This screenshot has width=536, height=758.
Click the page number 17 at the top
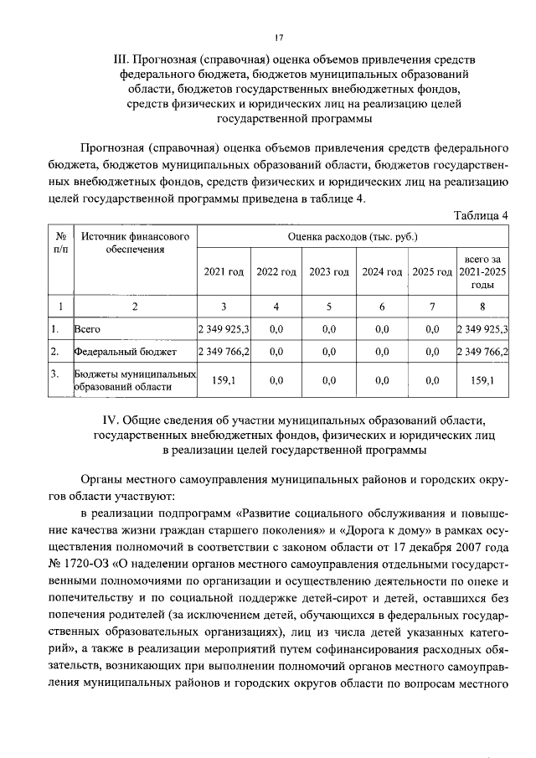(x=280, y=37)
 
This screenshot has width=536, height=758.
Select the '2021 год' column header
(x=224, y=272)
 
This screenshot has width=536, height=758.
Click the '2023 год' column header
(x=329, y=272)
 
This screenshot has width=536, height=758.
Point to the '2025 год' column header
(x=432, y=272)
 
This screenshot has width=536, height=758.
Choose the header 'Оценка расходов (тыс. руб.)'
(x=353, y=238)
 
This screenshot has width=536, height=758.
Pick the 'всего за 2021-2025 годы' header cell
(x=482, y=272)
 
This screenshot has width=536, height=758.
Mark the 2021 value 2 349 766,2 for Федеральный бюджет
(x=224, y=351)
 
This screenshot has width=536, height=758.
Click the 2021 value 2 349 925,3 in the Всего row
(x=224, y=328)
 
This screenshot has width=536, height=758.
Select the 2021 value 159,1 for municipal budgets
(x=224, y=380)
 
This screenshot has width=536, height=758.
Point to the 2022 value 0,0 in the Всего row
(x=276, y=328)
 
